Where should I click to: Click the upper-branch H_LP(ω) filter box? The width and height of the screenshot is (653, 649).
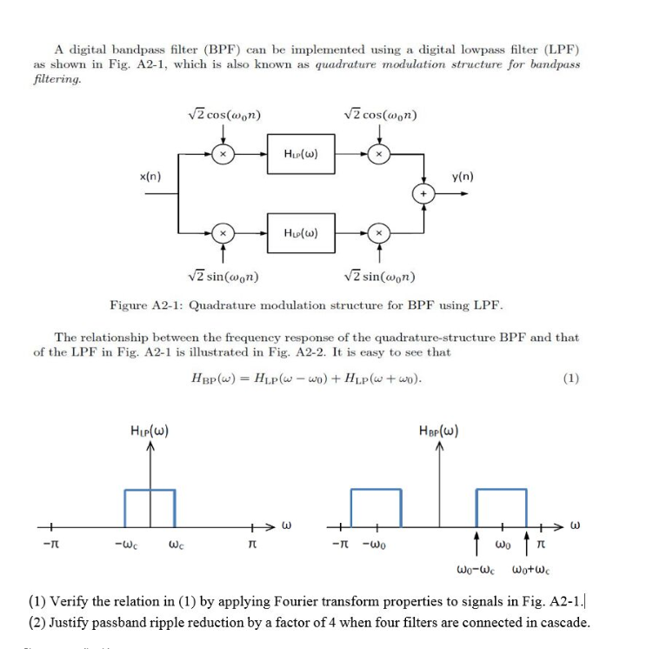[x=299, y=154]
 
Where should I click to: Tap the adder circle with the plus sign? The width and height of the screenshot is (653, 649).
[x=425, y=193]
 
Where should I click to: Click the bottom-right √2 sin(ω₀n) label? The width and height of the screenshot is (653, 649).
[x=380, y=278]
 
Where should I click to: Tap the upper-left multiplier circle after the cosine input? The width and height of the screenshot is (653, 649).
[x=223, y=154]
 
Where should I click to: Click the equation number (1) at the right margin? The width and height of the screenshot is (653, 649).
[x=570, y=378]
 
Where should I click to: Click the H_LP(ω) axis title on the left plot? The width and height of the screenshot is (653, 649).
[x=147, y=429]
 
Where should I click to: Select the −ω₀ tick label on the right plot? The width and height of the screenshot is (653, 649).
[x=379, y=547]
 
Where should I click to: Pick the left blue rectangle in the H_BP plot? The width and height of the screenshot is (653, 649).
[x=376, y=507]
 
